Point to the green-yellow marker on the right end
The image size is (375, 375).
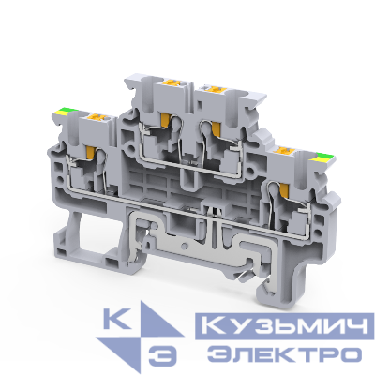click(x=321, y=150)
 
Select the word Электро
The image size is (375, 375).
click(x=282, y=354)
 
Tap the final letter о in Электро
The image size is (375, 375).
click(x=350, y=354)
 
